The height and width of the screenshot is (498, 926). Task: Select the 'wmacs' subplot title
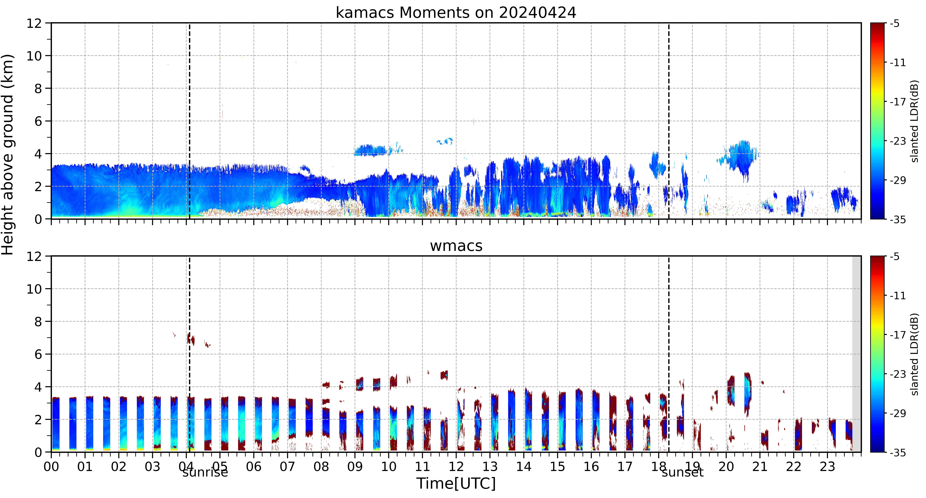pos(456,246)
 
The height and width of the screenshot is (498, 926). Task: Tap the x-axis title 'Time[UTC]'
pos(456,483)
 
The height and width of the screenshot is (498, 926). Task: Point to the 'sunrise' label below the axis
pos(205,472)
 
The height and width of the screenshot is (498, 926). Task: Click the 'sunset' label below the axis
pos(682,472)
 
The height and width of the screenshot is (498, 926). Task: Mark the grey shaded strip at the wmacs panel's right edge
pos(857,354)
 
